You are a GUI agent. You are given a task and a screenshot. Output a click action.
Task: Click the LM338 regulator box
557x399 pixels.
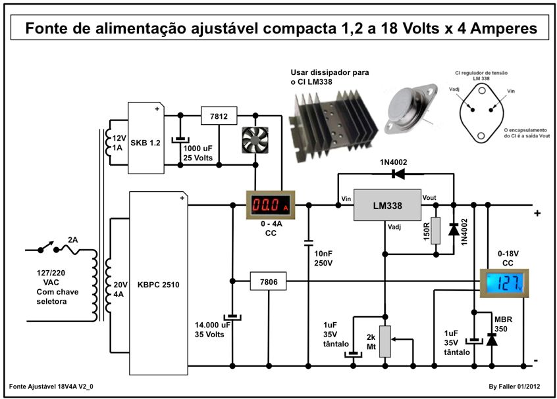pyautogui.click(x=387, y=205)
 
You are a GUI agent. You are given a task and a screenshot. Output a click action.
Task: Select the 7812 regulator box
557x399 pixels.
pyautogui.click(x=219, y=116)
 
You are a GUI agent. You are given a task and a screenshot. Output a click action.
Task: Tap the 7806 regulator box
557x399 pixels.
pyautogui.click(x=269, y=281)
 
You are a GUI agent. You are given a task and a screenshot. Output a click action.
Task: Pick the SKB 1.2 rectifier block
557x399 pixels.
pyautogui.click(x=146, y=138)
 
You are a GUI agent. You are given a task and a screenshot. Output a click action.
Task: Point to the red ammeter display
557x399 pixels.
pyautogui.click(x=270, y=206)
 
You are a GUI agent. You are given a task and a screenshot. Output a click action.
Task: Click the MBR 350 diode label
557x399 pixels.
pyautogui.click(x=504, y=323)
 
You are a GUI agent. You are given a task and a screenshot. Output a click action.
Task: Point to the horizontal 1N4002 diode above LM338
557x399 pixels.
pyautogui.click(x=397, y=174)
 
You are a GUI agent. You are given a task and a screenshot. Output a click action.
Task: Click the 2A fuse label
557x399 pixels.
pyautogui.click(x=72, y=241)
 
